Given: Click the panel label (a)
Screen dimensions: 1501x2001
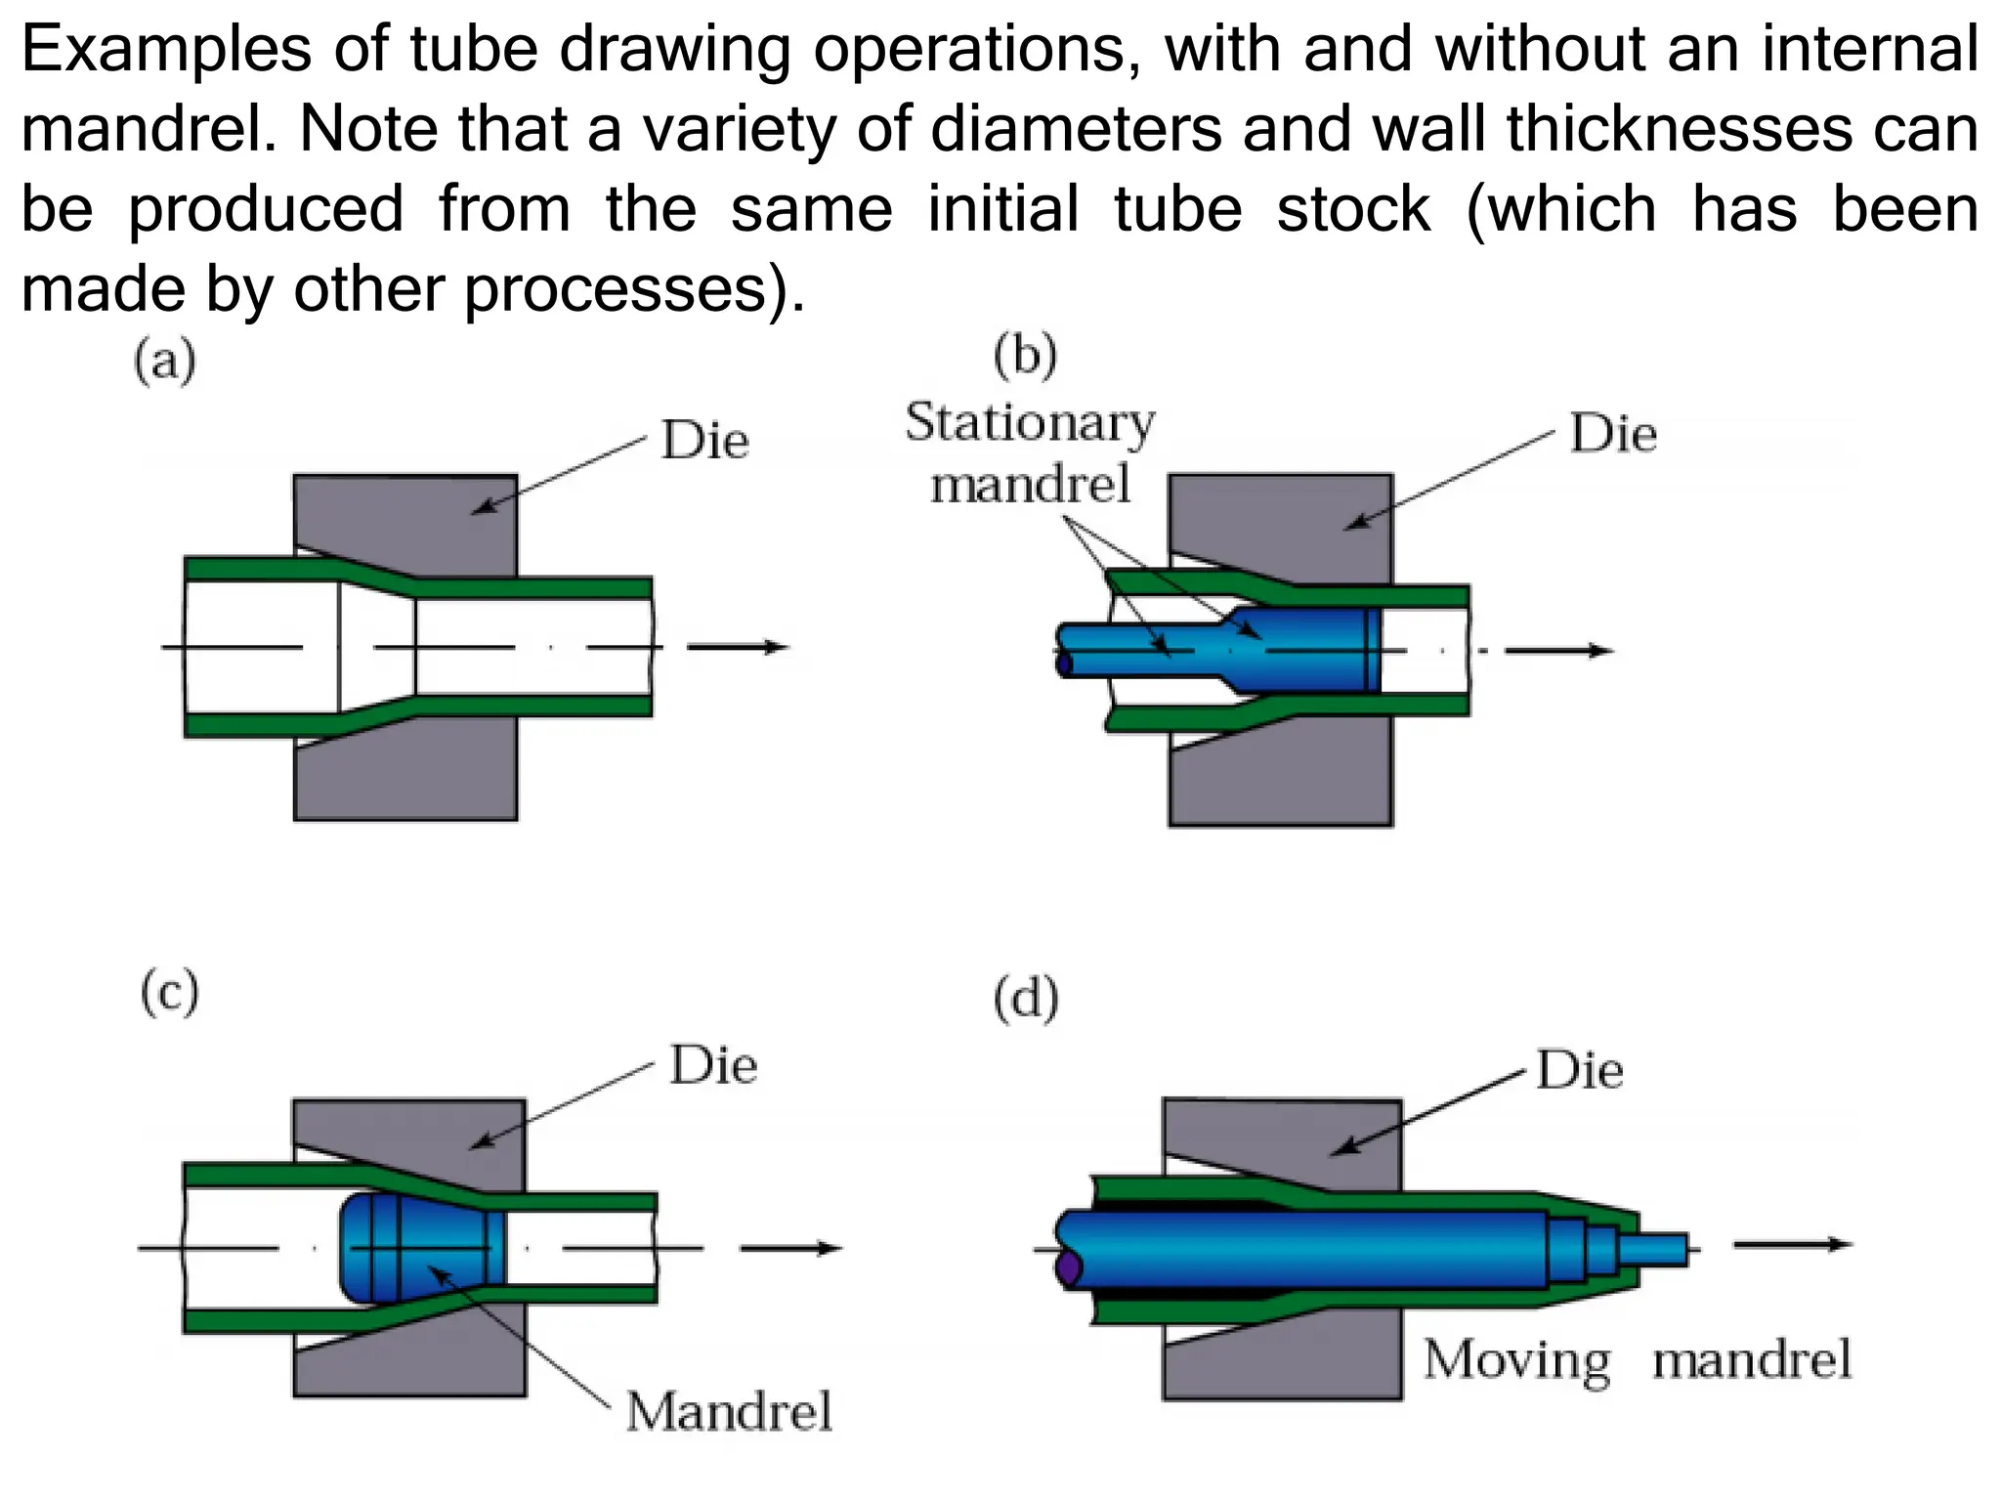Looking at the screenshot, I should [165, 362].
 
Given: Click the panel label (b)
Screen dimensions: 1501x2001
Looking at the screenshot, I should [1025, 355].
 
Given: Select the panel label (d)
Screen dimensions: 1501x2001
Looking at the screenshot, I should [1026, 1000].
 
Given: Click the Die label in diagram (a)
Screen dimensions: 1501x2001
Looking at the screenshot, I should [704, 441].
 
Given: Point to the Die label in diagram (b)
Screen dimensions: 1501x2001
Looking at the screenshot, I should [1613, 434].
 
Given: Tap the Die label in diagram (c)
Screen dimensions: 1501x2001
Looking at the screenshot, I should [713, 1065].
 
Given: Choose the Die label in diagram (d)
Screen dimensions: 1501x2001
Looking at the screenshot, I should [1580, 1070].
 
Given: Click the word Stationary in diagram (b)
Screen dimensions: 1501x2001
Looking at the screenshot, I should [1030, 423].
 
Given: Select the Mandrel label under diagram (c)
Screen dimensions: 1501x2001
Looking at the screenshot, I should [729, 1412].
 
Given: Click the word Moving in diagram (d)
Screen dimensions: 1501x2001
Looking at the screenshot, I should [1516, 1360].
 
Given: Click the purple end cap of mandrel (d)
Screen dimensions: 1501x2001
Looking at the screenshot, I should [1068, 1268].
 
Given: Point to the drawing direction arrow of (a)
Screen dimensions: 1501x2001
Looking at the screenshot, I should [738, 647].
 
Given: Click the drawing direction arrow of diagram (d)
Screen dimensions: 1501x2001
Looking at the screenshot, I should [1793, 1245].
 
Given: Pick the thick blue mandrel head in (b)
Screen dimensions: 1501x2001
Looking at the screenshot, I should [1304, 651].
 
